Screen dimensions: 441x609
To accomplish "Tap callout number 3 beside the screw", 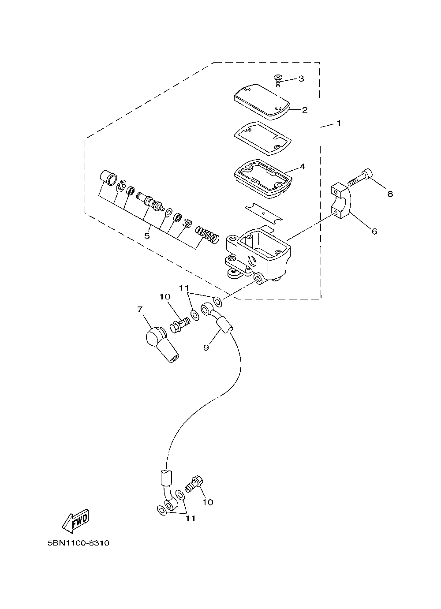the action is (x=301, y=78).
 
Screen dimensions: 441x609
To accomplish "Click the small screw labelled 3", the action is (x=277, y=81).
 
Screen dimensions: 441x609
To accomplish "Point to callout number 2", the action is (x=305, y=110).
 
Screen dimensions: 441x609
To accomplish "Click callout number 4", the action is (x=303, y=166).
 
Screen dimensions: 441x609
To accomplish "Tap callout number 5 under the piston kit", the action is (x=147, y=235).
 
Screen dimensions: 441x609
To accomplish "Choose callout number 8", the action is (x=390, y=194).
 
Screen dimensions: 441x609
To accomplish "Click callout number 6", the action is (x=374, y=232).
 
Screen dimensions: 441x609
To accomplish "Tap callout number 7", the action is (x=140, y=310).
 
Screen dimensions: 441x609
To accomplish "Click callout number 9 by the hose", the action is (x=206, y=347).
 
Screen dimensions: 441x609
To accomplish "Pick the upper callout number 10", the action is (x=165, y=297).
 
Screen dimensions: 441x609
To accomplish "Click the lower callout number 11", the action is (x=191, y=519).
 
